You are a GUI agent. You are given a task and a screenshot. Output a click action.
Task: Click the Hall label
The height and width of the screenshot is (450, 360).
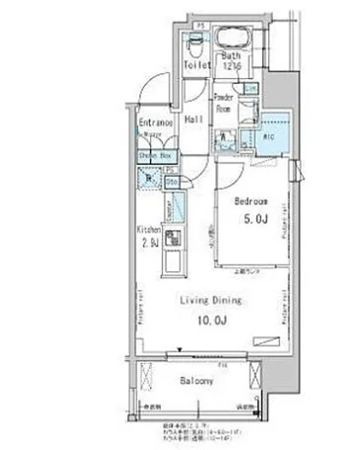tap(194, 117)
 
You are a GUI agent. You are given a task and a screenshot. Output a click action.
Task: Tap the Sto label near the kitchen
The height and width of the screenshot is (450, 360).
tap(172, 181)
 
